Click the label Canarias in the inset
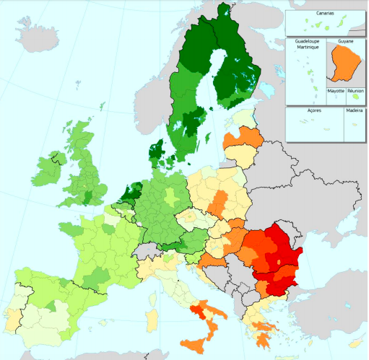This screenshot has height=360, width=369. [x=324, y=13]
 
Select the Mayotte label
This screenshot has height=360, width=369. [x=336, y=92]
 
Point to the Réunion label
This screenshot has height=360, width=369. [x=355, y=92]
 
